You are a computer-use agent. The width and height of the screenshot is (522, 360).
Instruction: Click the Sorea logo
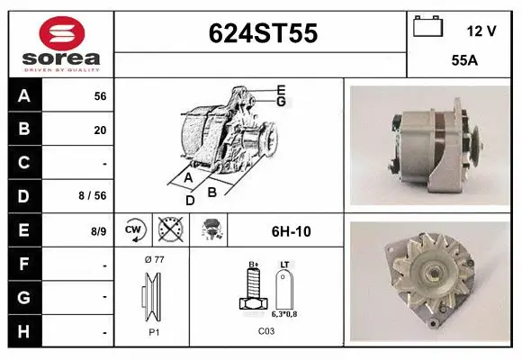60,43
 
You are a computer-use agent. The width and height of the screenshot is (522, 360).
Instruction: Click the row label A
24,95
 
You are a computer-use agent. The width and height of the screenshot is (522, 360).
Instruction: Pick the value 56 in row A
100,95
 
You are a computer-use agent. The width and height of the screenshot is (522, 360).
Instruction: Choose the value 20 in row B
100,130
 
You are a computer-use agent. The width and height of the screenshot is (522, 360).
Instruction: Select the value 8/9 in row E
98,231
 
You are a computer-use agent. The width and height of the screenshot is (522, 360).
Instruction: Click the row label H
24,332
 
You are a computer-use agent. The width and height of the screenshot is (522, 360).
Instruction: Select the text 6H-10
291,231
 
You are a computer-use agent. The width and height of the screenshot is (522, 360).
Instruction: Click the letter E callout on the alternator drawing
281,89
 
